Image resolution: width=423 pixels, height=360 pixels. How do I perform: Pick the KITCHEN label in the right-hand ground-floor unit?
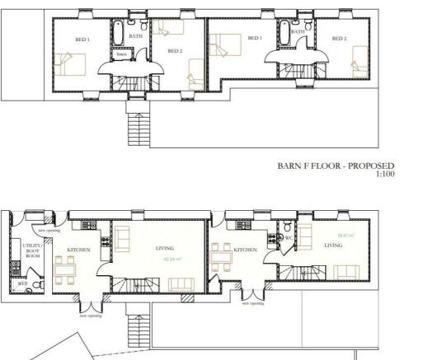point(246,249)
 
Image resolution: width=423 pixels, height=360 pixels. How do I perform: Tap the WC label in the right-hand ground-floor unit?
point(289,238)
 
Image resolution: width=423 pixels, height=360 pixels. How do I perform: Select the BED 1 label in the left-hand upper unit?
point(82,40)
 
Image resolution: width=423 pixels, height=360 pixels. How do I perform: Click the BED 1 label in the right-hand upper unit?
point(255,38)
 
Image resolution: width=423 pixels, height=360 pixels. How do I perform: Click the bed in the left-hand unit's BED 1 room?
point(68,63)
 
